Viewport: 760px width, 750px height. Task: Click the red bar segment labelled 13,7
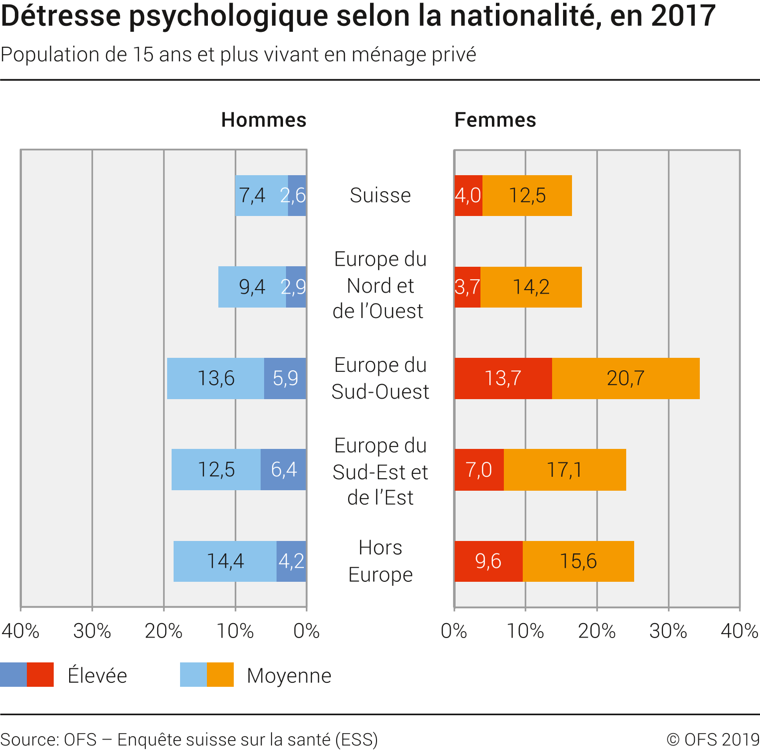503,378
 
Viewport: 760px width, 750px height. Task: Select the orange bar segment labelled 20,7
626,378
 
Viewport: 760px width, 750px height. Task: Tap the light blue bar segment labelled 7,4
262,196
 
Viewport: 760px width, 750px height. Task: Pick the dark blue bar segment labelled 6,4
284,469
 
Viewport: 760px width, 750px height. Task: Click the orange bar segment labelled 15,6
578,561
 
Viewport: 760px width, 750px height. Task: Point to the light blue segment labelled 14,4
225,561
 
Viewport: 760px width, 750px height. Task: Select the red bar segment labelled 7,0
479,469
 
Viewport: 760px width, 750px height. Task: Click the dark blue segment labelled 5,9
285,378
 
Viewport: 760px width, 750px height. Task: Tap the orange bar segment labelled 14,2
531,287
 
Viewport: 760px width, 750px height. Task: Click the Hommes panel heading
264,120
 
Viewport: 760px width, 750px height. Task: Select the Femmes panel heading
495,120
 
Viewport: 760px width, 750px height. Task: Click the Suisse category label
380,195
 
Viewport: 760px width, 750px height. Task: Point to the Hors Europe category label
380,561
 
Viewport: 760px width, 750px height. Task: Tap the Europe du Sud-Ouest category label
380,378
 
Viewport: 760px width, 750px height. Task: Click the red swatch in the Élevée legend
40,675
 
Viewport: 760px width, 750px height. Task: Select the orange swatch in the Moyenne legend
220,675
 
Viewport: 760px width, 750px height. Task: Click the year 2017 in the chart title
683,16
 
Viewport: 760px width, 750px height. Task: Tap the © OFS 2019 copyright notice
713,739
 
